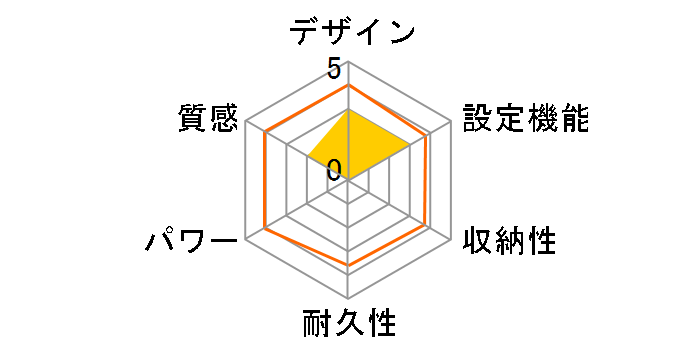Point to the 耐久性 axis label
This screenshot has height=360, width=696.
point(349,324)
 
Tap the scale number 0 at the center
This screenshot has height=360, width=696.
point(333,170)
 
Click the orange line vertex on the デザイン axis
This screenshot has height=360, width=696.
point(348,85)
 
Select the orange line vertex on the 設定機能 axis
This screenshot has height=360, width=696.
point(429,132)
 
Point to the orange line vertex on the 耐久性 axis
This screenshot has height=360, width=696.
point(348,266)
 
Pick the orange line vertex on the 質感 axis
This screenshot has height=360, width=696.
point(267,132)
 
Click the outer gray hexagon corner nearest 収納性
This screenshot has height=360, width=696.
point(452,239)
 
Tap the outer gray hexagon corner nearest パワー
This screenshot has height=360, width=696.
point(244,239)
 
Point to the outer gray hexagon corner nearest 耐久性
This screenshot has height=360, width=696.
point(348,299)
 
